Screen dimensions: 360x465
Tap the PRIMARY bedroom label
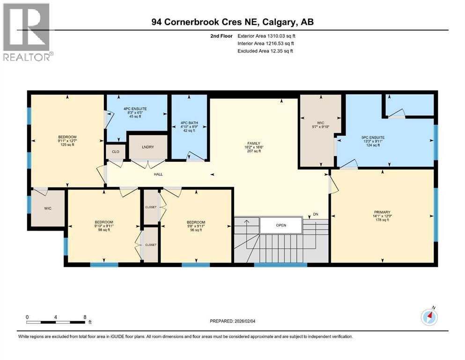[382, 212]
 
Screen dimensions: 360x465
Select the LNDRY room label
[148, 147]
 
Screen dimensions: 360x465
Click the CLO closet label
[115, 151]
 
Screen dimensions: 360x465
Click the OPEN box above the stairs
[280, 225]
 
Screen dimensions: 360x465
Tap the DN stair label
[316, 215]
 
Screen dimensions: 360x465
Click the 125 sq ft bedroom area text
[67, 145]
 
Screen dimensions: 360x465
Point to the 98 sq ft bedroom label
[104, 229]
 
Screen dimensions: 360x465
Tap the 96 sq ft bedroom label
[196, 229]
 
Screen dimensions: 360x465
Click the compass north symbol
[429, 317]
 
